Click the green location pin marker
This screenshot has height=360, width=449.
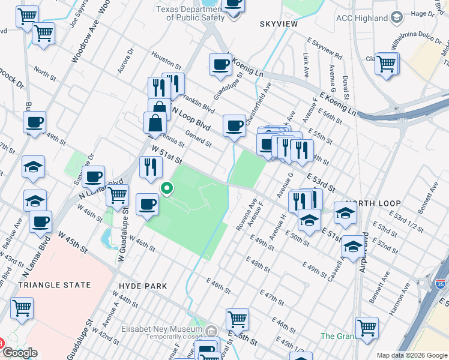[167, 189]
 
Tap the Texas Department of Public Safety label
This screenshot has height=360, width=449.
[190, 13]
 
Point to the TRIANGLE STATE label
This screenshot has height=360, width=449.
[55, 285]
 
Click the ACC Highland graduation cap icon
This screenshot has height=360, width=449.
[396, 18]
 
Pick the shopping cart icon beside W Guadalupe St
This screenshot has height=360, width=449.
[117, 194]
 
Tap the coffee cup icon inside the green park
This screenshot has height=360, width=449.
[147, 204]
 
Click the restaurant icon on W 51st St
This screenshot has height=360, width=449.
[151, 166]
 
